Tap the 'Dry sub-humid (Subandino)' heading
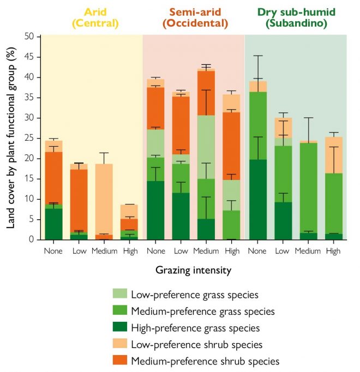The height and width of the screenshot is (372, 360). coord(296,17)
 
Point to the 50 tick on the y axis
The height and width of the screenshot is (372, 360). coord(31,37)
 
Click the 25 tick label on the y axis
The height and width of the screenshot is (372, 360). coord(31,138)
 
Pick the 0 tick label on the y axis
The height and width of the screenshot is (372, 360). coord(33,239)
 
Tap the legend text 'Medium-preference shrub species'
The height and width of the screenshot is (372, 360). coord(205,361)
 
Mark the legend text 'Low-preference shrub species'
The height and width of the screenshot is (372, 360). coord(197,344)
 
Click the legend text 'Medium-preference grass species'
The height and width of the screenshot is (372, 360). coord(202,311)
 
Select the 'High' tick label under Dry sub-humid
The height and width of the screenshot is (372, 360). coord(332,251)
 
